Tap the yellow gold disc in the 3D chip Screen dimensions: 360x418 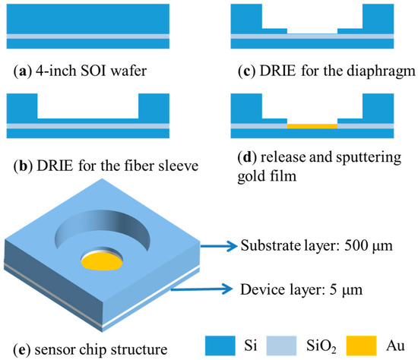(102, 263)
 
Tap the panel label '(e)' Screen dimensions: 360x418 (15, 349)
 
